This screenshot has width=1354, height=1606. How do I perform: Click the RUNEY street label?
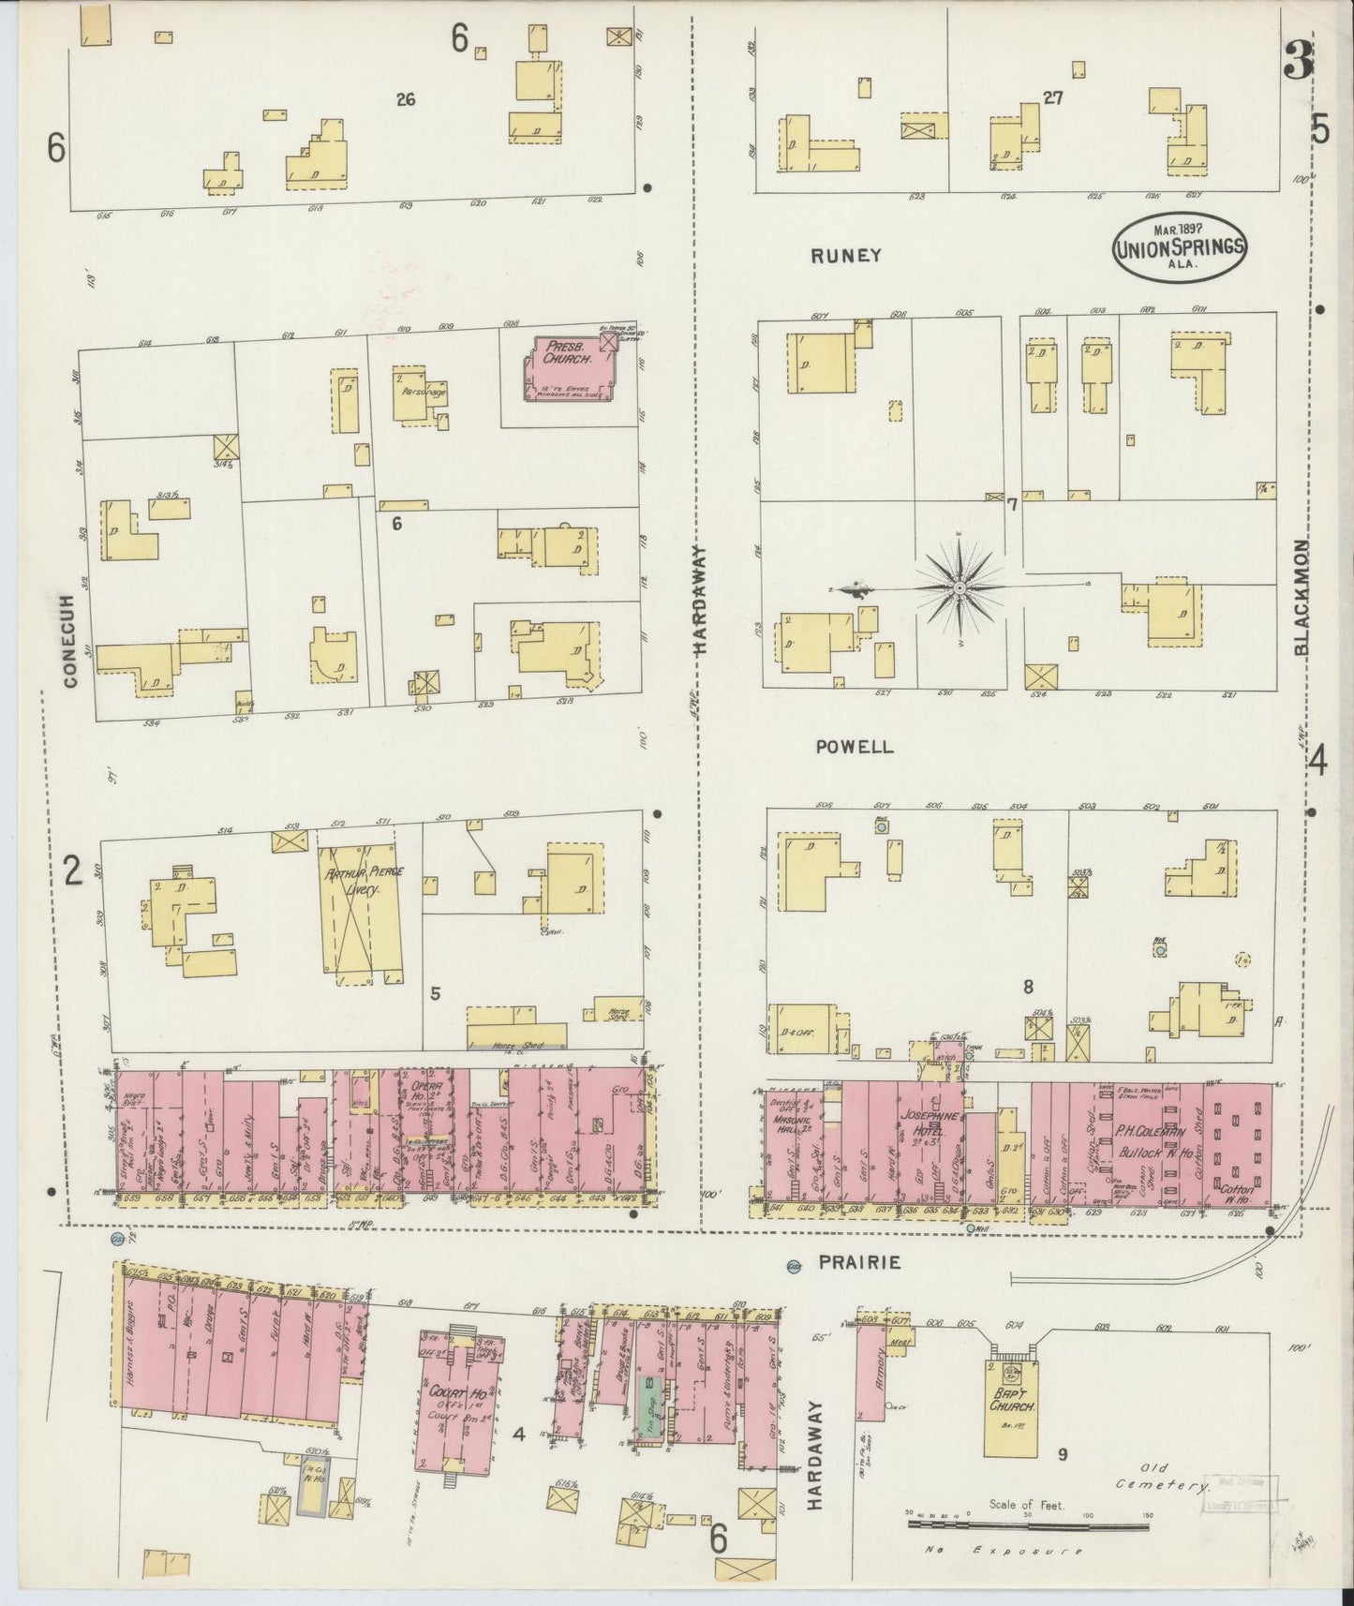[x=846, y=255]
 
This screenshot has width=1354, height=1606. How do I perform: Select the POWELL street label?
[x=854, y=747]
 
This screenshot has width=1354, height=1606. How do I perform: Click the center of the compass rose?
[x=960, y=587]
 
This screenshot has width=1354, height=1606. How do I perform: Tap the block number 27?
[x=1052, y=97]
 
